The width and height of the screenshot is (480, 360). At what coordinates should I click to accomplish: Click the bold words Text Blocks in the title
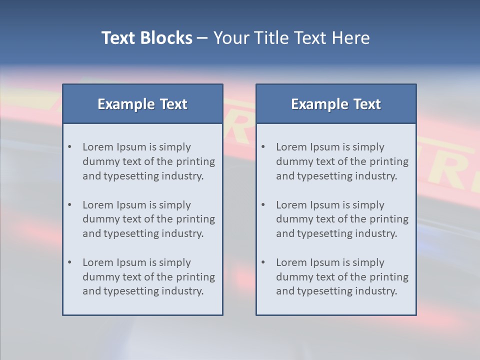point(147,38)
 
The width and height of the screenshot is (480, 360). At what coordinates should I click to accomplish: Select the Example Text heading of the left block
point(142,104)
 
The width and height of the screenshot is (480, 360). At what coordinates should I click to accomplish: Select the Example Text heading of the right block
point(336,104)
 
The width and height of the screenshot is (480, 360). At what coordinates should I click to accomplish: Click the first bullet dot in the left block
point(69,147)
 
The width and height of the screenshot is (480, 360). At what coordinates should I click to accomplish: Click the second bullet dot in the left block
point(69,205)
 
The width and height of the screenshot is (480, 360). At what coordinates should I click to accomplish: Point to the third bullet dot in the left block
point(69,262)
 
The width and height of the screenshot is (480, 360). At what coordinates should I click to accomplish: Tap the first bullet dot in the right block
point(263,147)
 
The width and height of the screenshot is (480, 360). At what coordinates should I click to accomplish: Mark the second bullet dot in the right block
point(263,205)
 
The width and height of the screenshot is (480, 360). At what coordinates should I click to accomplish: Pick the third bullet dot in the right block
point(263,262)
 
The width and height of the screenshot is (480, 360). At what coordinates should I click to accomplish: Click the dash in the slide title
point(202,38)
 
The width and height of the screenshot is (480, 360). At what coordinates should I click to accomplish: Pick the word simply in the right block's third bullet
point(368,262)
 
